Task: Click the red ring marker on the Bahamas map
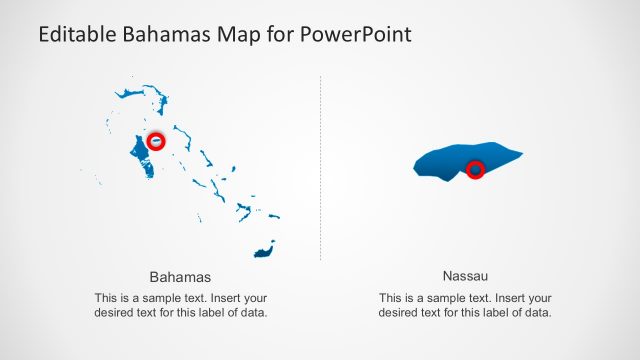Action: (x=156, y=141)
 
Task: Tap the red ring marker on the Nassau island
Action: (x=476, y=169)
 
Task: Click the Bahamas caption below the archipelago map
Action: (x=180, y=277)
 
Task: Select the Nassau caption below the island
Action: (x=464, y=275)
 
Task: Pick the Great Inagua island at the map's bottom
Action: (x=264, y=249)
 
